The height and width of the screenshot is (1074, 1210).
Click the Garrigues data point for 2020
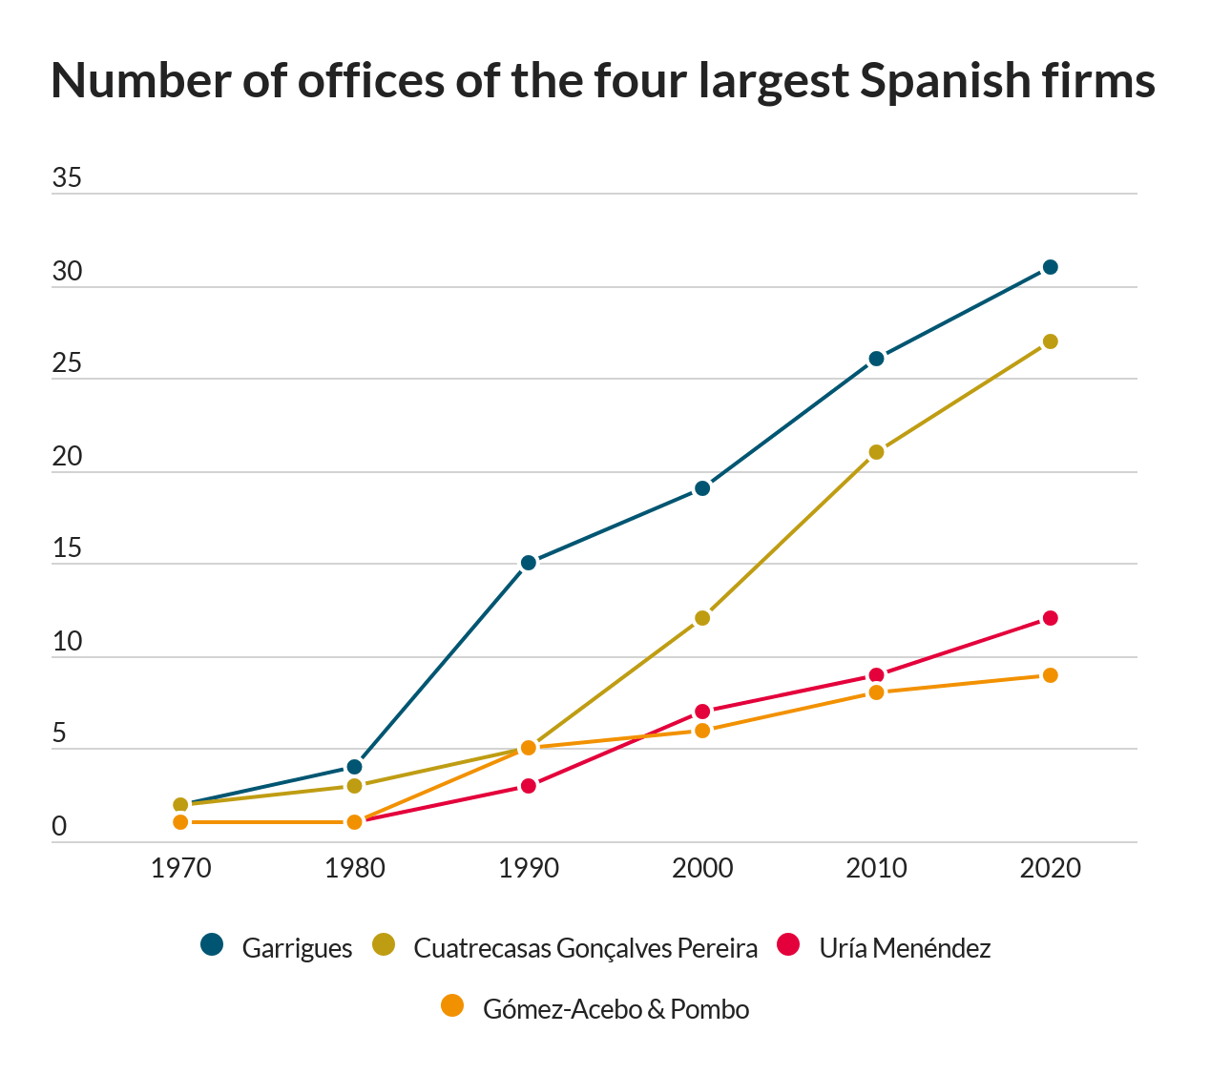1050,267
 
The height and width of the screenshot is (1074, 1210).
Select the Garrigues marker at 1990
528,563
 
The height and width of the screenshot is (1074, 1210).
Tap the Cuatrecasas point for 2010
876,452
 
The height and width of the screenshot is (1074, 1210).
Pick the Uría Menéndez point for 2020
1050,618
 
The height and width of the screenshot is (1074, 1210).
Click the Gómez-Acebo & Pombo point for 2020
1050,675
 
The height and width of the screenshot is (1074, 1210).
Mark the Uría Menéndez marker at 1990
528,786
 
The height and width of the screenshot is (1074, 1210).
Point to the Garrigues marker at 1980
354,767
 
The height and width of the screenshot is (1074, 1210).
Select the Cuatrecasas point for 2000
702,618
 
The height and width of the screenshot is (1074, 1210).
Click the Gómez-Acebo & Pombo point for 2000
702,730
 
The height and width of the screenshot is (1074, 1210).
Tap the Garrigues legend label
297,948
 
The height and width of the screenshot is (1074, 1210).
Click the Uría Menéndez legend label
905,948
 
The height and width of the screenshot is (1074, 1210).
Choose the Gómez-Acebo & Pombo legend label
615,1009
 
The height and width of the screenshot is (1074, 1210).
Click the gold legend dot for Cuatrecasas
384,944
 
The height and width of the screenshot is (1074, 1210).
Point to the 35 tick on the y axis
66,177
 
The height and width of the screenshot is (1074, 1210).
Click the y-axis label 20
66,456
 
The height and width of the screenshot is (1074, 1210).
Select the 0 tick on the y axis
59,826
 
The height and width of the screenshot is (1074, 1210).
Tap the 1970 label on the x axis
180,868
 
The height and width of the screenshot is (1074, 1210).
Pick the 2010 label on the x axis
876,868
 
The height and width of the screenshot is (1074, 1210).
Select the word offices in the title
370,80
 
